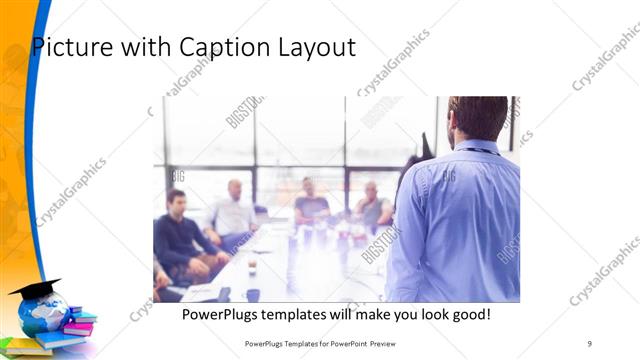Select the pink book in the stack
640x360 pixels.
click(77, 328)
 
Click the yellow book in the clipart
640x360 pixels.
click(25, 347)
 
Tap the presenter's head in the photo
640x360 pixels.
click(478, 118)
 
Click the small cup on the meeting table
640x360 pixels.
click(251, 267)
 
